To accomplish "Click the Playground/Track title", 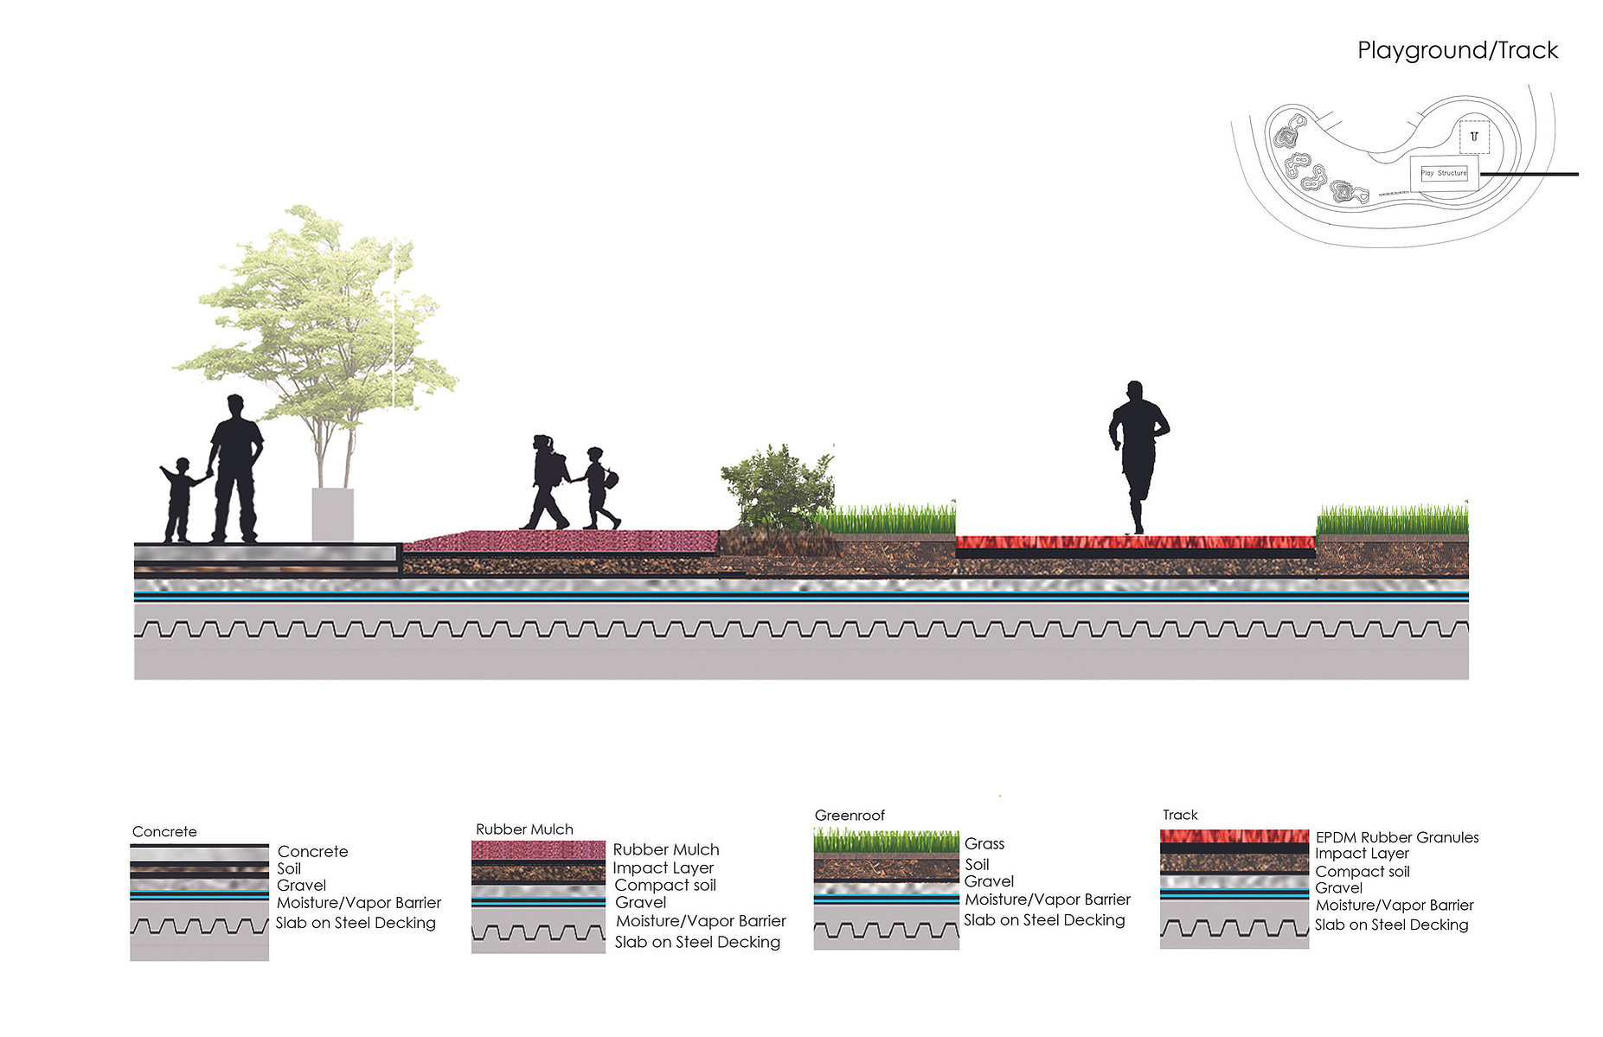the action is (x=1457, y=51).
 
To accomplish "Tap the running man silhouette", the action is (x=1138, y=457).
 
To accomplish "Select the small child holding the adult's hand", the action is (x=180, y=500).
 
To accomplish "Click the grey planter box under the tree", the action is (x=332, y=515).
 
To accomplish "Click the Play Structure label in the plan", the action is (x=1444, y=173).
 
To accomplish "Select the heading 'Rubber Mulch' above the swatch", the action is (x=524, y=829).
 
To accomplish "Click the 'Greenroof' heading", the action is (x=850, y=816).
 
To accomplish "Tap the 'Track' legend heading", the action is (x=1180, y=815).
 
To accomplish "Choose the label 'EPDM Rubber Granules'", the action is (x=1397, y=837).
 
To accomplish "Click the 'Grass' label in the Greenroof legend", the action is (x=984, y=843).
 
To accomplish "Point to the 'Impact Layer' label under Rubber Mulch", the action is (x=664, y=867).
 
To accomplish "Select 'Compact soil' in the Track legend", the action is (x=1363, y=872).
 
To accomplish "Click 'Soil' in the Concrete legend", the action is (x=289, y=868).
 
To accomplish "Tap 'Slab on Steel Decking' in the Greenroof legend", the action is (x=1044, y=920).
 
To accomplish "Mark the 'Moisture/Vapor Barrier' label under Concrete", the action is (x=359, y=903).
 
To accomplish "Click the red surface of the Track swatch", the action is (x=1234, y=836).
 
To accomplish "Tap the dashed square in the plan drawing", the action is (x=1474, y=137).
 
